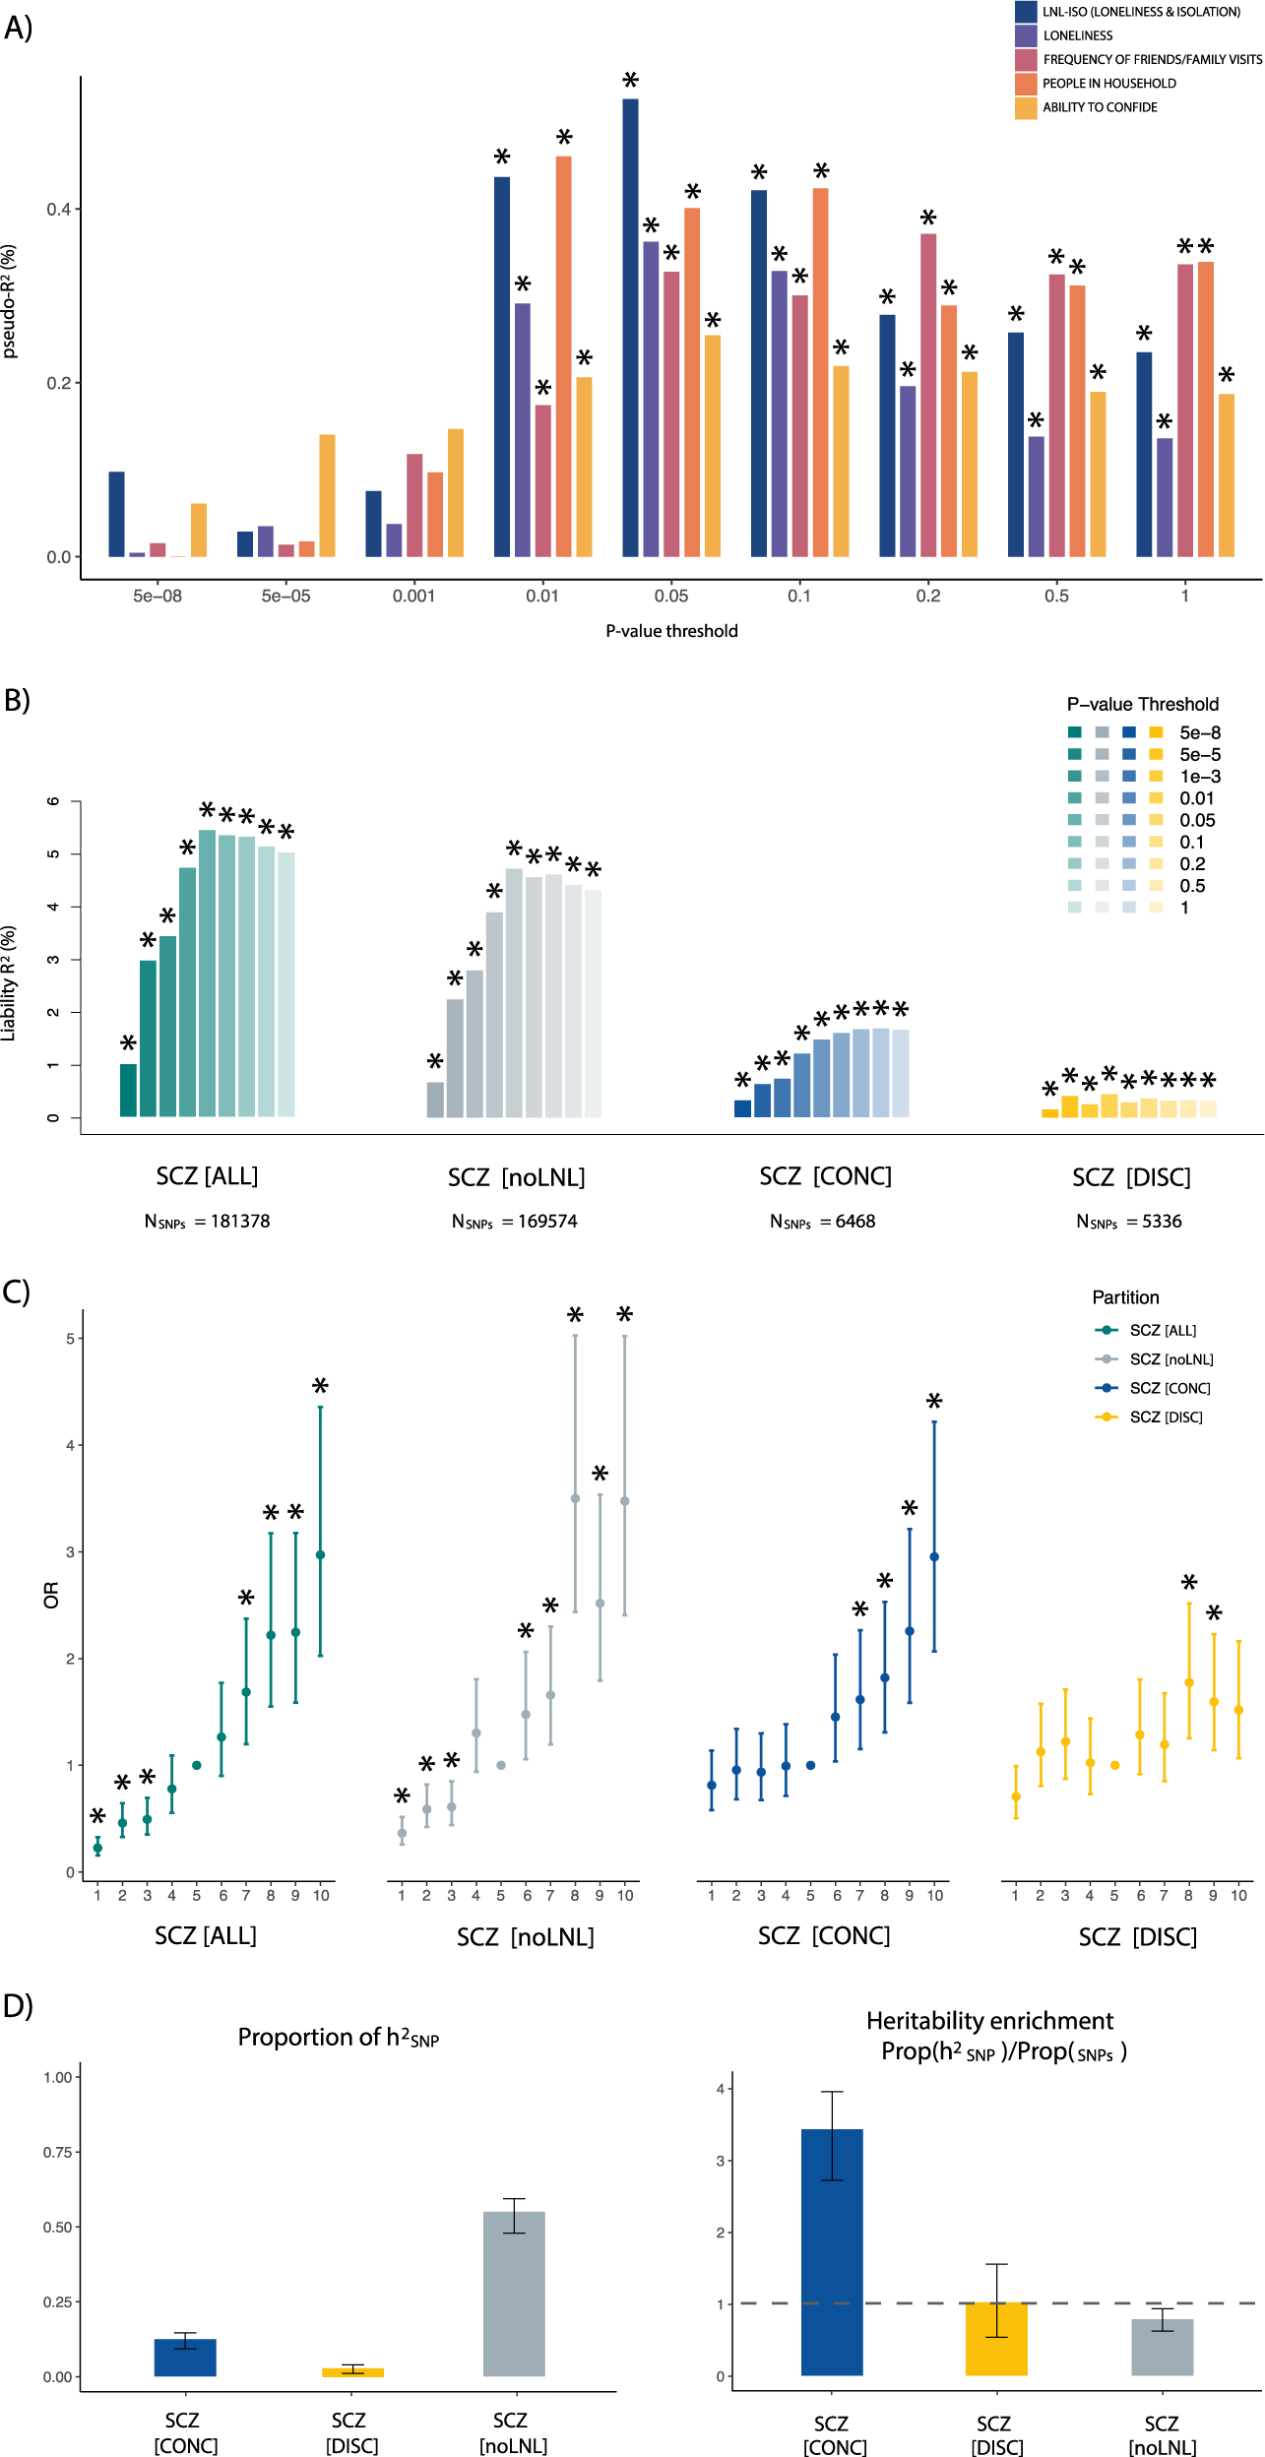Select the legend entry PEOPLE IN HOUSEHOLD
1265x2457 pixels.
(x=1108, y=84)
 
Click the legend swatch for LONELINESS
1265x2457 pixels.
(x=1026, y=35)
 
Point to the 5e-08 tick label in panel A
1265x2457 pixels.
(x=158, y=596)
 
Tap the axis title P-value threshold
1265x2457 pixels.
(x=671, y=631)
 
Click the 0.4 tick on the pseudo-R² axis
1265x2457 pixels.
(x=59, y=209)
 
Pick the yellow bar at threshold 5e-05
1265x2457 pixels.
(x=327, y=495)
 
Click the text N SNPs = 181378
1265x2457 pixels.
(x=207, y=1222)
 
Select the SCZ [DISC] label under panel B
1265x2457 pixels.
(x=1131, y=1177)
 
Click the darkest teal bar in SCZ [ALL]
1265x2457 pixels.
(x=128, y=1090)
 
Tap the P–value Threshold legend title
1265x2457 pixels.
(x=1142, y=704)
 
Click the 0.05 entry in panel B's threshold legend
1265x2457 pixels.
(x=1197, y=820)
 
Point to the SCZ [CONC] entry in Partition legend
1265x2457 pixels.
(x=1170, y=1388)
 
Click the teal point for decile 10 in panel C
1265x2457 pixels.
(x=320, y=1555)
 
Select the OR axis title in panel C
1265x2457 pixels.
(x=51, y=1595)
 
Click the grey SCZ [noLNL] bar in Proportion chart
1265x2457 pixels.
(x=514, y=2294)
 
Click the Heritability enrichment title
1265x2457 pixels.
(x=989, y=2021)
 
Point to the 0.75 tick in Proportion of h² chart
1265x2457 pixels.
(x=57, y=2152)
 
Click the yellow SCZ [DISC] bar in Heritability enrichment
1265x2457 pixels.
(x=996, y=2339)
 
